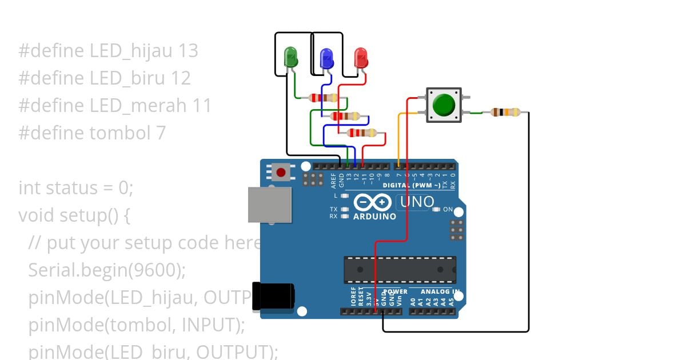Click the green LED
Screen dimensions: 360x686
tap(291, 57)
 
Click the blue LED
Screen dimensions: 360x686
tap(326, 58)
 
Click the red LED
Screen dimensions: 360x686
tap(361, 58)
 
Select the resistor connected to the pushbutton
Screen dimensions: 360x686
tap(506, 112)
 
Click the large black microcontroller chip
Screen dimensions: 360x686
tap(400, 270)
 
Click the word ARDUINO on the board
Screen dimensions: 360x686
tap(374, 217)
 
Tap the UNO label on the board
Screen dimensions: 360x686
tap(417, 202)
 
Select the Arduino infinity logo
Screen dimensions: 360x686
tap(373, 202)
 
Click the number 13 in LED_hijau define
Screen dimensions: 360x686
tap(188, 51)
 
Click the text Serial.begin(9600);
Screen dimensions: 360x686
tap(107, 270)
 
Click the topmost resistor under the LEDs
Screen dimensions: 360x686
tap(324, 98)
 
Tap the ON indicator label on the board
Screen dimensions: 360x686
tap(448, 209)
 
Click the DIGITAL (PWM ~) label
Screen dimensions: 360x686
tap(412, 186)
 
